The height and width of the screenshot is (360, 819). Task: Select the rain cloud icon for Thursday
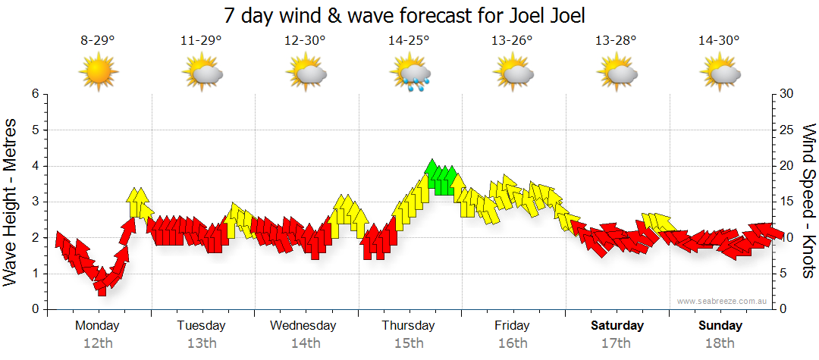409,74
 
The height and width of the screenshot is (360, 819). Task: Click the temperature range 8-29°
98,40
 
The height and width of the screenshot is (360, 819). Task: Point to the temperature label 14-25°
409,40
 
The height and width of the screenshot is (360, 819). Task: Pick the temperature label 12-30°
305,40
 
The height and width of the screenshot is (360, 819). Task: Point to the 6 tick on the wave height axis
35,94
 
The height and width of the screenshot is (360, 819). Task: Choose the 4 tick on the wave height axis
35,166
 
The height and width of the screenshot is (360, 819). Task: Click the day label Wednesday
303,326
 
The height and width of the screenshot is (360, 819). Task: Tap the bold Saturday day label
617,326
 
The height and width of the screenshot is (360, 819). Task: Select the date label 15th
408,343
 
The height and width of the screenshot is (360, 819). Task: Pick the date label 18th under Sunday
720,343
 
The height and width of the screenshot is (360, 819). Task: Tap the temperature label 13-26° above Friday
512,40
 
